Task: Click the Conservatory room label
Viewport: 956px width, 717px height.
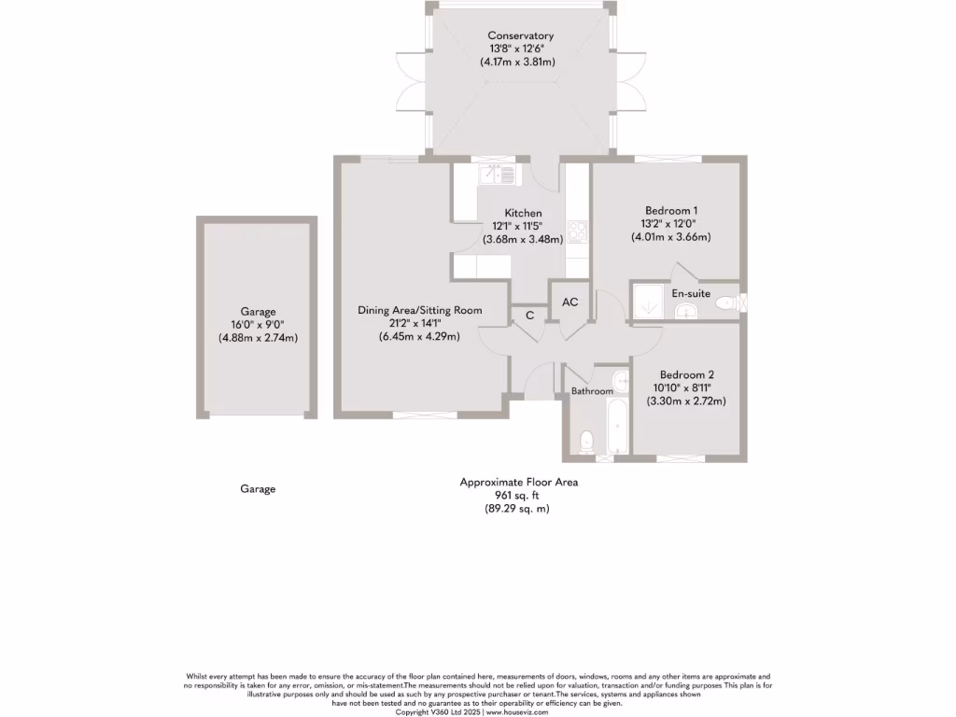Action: point(520,35)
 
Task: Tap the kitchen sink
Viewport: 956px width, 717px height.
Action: point(497,174)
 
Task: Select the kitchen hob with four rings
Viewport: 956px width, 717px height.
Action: point(577,230)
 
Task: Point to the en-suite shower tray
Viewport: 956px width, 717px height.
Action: point(648,302)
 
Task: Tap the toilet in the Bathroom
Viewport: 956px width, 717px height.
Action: point(587,441)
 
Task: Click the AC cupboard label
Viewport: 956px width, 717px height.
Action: point(569,302)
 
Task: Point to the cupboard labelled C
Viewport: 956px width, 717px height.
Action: point(529,316)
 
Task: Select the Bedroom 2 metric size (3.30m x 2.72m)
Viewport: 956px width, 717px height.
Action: point(686,401)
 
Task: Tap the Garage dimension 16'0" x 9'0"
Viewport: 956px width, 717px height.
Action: point(258,325)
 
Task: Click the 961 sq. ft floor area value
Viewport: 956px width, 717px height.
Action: point(518,496)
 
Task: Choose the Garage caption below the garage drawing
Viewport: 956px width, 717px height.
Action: point(258,488)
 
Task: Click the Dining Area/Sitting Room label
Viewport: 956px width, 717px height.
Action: point(419,310)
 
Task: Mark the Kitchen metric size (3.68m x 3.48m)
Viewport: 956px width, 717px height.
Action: point(523,239)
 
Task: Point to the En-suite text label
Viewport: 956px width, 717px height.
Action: point(691,293)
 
